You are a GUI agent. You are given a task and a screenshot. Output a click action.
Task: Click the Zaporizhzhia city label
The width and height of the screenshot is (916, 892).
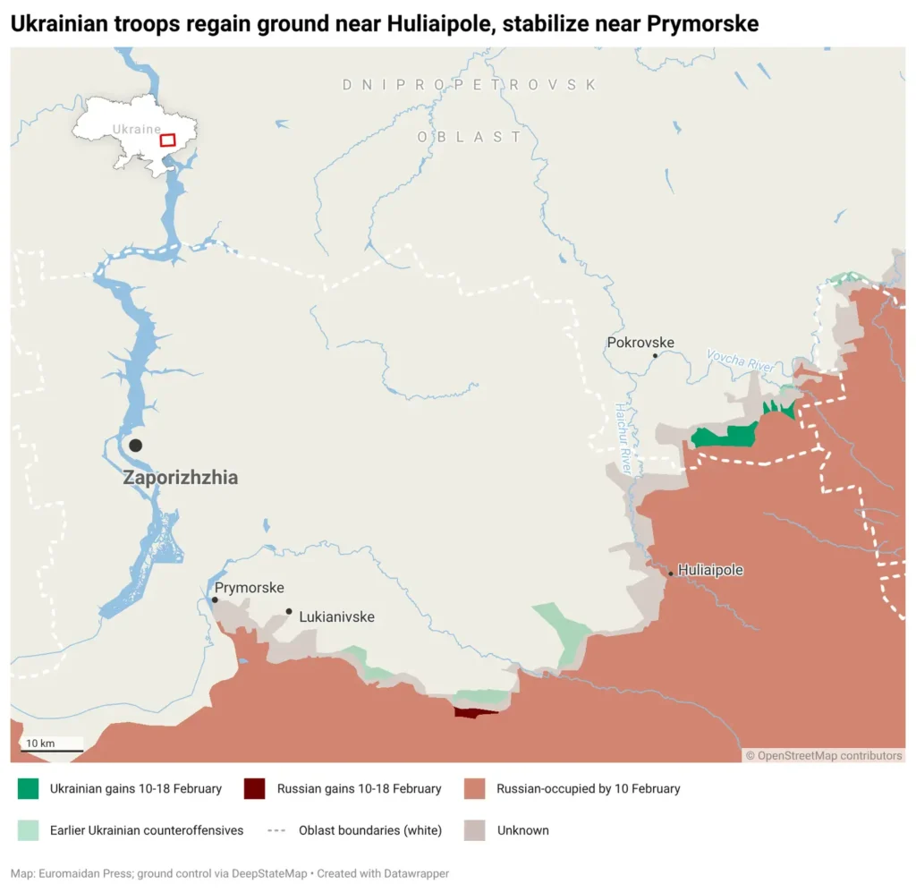[180, 478]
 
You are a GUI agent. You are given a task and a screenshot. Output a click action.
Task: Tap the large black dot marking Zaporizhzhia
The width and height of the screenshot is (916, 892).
[135, 445]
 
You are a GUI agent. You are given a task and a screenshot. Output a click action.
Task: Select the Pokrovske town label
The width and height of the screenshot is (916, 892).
[640, 343]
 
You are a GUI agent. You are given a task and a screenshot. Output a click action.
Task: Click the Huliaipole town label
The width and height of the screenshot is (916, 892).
[710, 570]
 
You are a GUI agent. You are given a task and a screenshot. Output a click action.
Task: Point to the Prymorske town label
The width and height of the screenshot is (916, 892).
[249, 588]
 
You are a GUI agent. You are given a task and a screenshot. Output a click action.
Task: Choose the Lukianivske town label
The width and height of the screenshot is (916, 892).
[336, 617]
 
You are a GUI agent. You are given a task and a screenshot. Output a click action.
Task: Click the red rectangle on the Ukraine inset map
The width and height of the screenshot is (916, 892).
[167, 140]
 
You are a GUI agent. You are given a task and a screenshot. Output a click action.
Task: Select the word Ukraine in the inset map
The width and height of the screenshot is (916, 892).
[136, 129]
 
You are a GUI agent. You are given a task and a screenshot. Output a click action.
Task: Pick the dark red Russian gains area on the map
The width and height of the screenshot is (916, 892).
[475, 712]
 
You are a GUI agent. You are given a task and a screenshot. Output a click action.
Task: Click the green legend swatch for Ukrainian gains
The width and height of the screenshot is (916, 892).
[29, 788]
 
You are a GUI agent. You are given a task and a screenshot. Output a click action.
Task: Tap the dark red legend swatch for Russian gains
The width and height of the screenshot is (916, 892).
[255, 788]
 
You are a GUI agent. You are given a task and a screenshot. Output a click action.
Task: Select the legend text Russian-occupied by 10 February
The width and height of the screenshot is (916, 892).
[588, 789]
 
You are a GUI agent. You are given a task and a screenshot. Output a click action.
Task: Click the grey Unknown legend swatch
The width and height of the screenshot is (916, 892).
[475, 829]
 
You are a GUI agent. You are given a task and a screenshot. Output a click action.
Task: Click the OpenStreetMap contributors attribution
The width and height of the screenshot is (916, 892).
[824, 756]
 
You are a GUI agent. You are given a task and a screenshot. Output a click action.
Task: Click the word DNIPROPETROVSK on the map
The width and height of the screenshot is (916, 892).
[470, 85]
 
